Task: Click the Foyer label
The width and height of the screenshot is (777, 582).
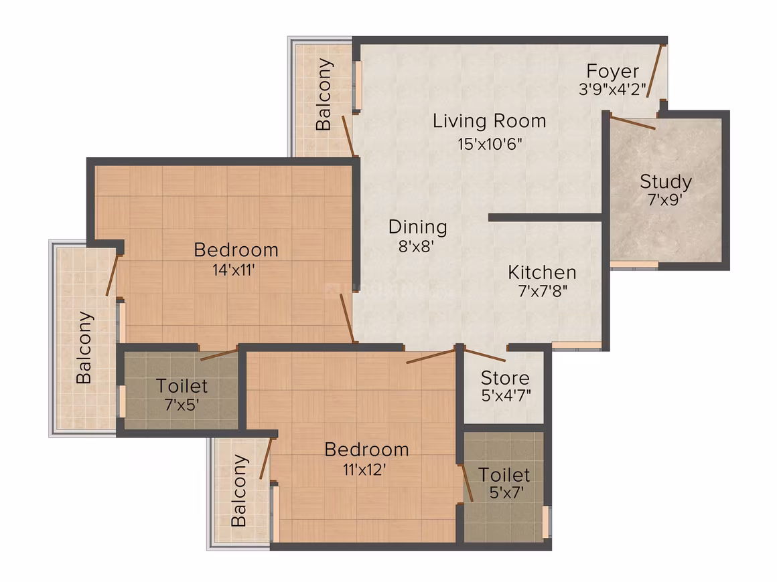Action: click(612, 72)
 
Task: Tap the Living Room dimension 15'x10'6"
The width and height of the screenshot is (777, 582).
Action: click(490, 144)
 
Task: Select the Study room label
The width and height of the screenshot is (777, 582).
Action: click(666, 182)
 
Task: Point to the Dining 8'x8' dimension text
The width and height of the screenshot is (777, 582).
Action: click(416, 246)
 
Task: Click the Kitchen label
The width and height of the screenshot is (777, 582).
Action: click(542, 273)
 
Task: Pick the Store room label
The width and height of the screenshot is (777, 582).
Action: click(505, 378)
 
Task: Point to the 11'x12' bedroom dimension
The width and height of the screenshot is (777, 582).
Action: click(364, 469)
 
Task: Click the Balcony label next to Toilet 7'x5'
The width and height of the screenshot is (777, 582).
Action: click(84, 347)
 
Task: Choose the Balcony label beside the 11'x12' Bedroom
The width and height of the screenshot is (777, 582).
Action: click(239, 490)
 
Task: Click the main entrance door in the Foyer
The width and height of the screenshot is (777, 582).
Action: click(655, 72)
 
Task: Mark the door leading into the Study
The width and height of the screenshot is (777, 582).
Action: click(633, 122)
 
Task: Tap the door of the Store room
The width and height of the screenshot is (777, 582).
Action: click(486, 355)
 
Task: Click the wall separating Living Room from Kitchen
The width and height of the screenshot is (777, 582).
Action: click(546, 217)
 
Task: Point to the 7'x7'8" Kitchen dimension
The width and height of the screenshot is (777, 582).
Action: click(543, 290)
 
